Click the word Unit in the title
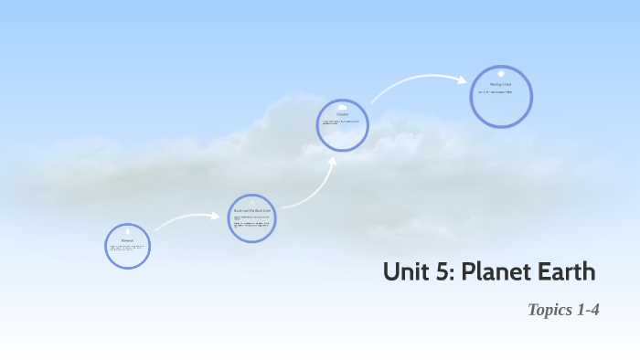(404, 272)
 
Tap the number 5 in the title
(441, 272)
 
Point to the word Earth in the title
(566, 272)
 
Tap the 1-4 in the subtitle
(588, 310)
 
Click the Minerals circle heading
(128, 240)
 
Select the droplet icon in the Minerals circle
(128, 232)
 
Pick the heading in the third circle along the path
(343, 114)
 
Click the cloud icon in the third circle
(343, 107)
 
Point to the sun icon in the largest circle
(501, 74)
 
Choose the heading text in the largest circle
(501, 85)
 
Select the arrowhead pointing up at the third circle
(333, 162)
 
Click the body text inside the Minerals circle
(127, 248)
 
